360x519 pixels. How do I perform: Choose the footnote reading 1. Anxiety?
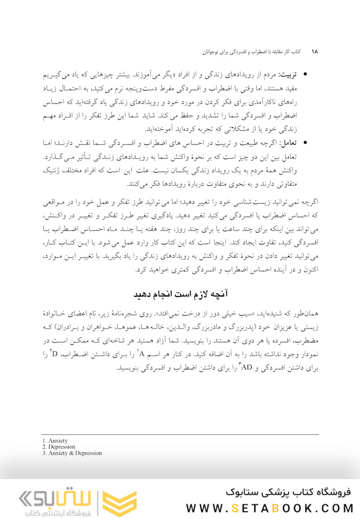pos(55,441)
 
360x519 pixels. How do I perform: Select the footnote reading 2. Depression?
pos(59,447)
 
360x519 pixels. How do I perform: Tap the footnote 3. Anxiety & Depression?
pos(72,453)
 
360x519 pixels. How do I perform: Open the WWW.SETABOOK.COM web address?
pos(269,508)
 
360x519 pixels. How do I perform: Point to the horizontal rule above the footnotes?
pos(180,435)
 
